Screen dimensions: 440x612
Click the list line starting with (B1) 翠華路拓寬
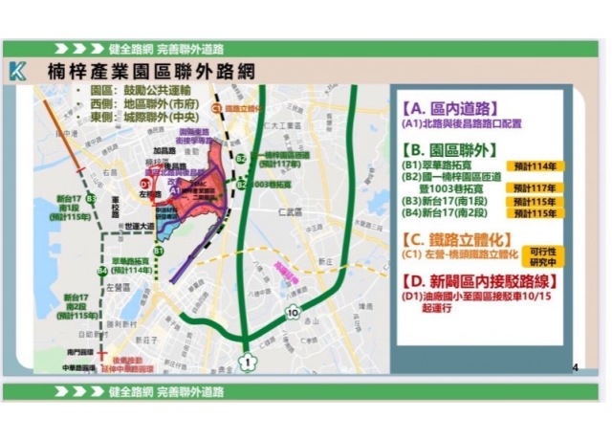[x=446, y=165]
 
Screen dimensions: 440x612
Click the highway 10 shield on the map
[x=291, y=312]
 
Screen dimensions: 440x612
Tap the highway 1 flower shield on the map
[x=246, y=361]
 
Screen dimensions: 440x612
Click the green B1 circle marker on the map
[x=160, y=250]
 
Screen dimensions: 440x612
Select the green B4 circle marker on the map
[x=101, y=271]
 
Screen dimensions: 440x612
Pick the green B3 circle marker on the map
[x=89, y=198]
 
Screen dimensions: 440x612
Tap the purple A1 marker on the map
[x=176, y=192]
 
